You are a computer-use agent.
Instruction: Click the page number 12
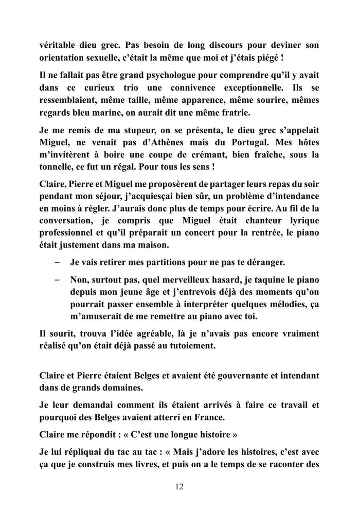pos(179,487)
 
